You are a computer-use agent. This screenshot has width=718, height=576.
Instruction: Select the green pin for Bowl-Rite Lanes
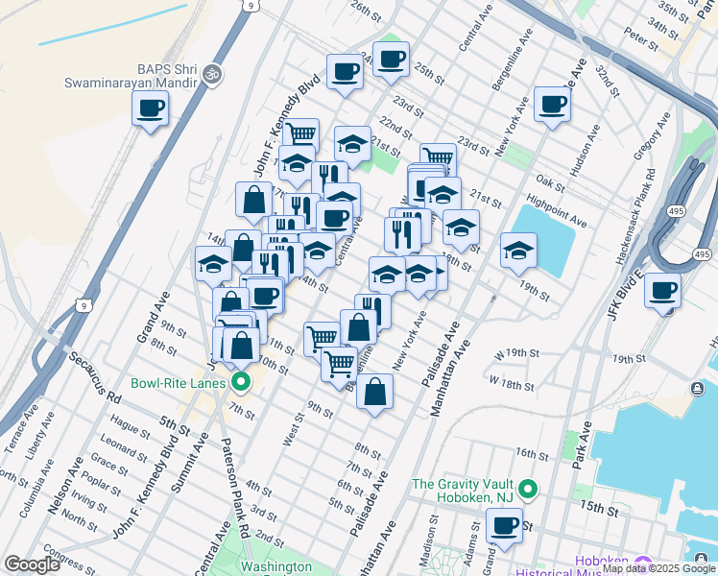[241, 383]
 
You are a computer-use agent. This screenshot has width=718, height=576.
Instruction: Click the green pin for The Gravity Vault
[527, 490]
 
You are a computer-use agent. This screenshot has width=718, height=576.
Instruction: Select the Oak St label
[550, 181]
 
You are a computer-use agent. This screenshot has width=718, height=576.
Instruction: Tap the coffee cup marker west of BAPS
[149, 108]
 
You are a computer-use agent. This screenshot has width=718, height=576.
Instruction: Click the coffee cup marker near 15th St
[504, 524]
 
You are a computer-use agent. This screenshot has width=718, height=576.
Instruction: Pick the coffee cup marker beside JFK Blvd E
[661, 289]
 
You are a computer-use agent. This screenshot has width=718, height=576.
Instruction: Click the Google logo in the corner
[32, 564]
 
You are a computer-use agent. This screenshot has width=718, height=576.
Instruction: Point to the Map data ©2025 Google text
[658, 569]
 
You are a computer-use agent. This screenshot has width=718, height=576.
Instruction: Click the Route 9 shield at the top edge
[250, 6]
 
